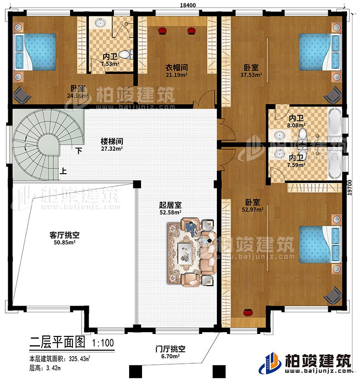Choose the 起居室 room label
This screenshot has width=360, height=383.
[x=170, y=205]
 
